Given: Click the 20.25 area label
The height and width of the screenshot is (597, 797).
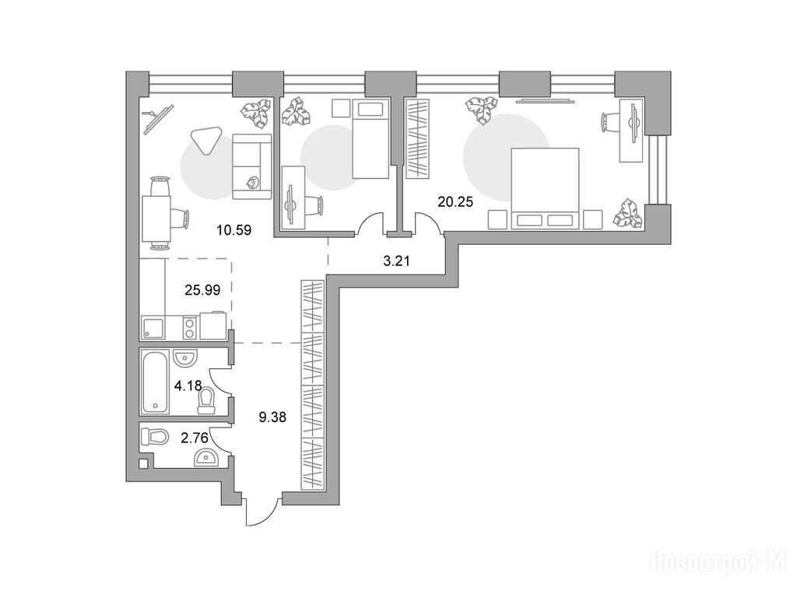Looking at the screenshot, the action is (455, 202).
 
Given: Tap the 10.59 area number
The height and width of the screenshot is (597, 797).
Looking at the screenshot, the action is (233, 230).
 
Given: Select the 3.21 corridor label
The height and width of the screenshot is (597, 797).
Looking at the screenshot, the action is (396, 261).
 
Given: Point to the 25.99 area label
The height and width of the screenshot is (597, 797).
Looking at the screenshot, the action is (202, 291).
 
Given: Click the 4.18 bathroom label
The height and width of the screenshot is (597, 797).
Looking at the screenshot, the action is (188, 386).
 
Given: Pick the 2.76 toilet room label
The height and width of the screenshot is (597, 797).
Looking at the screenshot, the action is (195, 438).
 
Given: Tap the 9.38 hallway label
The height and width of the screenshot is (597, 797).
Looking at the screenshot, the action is (272, 417).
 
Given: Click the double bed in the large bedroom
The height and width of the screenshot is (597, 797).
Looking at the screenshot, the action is (545, 188).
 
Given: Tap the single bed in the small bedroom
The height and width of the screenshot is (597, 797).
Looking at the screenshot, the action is (370, 139).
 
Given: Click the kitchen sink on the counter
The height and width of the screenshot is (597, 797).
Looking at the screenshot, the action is (153, 327).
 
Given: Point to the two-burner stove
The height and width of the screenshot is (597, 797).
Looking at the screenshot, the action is (190, 327).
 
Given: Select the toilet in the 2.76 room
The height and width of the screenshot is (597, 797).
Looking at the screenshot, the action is (155, 437).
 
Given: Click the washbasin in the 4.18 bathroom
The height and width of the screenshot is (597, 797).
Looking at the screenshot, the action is (184, 358).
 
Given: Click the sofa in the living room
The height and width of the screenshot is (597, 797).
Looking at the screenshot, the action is (251, 166).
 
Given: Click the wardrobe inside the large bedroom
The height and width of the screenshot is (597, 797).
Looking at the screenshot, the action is (418, 139).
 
